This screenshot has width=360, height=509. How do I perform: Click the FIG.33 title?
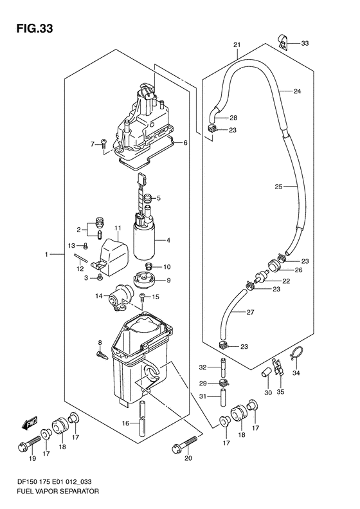click(34, 29)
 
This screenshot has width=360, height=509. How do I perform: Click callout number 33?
click(305, 43)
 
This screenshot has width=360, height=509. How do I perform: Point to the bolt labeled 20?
click(184, 444)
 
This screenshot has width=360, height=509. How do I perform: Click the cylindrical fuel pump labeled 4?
click(145, 241)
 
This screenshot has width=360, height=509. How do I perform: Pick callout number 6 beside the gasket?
click(186, 142)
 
